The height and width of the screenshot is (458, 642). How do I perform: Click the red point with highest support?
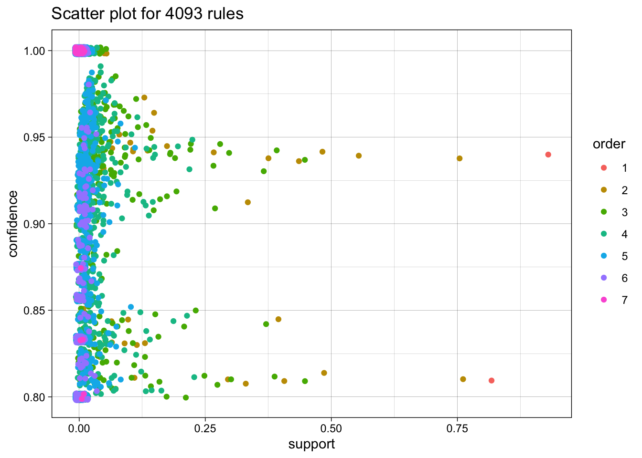tap(548, 155)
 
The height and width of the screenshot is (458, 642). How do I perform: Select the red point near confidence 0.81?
tap(492, 381)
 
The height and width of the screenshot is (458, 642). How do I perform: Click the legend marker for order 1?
tap(604, 168)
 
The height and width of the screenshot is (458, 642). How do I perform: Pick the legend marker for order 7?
tap(604, 300)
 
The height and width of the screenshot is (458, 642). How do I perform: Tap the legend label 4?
tap(624, 234)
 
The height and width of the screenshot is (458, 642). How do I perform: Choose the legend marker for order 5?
tap(604, 256)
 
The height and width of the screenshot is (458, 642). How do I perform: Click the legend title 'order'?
tap(609, 144)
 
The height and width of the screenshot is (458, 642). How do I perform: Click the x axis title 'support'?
tap(311, 444)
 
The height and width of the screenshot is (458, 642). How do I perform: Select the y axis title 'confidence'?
tap(13, 224)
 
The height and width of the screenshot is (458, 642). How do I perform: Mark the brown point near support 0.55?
tap(359, 156)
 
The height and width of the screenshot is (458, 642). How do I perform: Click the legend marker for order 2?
tap(604, 190)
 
